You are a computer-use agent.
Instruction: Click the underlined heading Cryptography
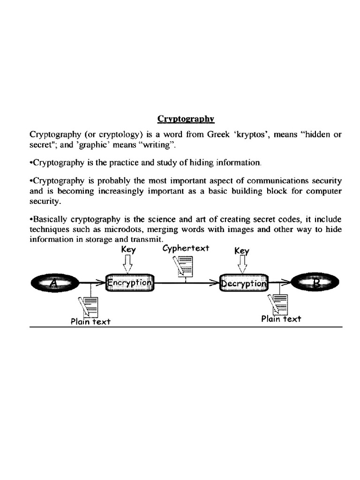tap(186, 119)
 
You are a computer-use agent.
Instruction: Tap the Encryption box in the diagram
tap(129, 283)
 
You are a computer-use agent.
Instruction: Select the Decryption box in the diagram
tap(243, 283)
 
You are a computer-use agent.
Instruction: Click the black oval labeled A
tap(55, 283)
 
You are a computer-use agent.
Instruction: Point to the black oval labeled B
tap(315, 283)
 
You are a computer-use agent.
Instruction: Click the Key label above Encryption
tap(128, 249)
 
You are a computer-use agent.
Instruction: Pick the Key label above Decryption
tap(242, 251)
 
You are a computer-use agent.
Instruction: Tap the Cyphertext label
tap(186, 248)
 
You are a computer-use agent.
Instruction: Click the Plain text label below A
tap(90, 322)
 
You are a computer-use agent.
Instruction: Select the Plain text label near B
tap(281, 319)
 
